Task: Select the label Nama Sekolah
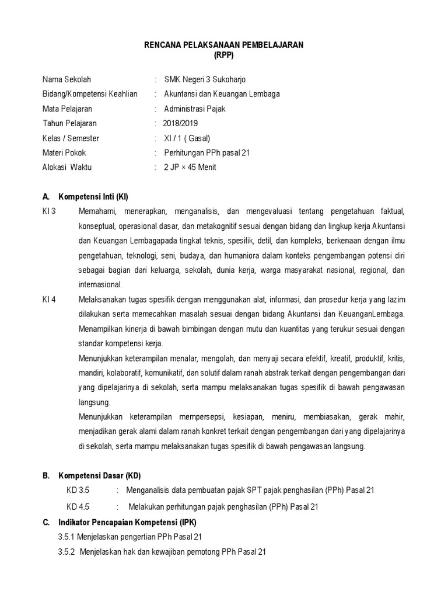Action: point(66,79)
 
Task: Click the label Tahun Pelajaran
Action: point(70,123)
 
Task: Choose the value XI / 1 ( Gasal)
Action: point(187,138)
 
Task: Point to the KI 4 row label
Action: point(49,299)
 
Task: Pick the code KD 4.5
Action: point(78,506)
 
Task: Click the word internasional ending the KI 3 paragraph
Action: point(100,284)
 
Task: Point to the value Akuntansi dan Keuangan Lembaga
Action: point(222,94)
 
